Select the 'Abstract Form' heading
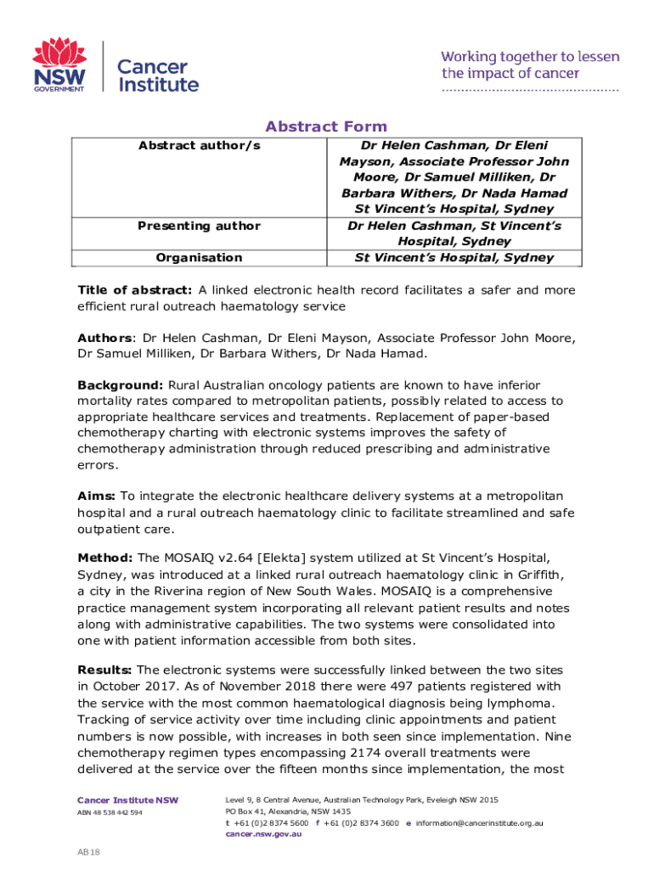coord(326,126)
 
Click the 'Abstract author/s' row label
coord(199,146)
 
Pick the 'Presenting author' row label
coord(199,226)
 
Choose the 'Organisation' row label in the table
coord(199,257)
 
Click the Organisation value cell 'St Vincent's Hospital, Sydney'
coord(454,257)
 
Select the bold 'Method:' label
coord(105,558)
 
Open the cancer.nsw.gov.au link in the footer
coord(263,833)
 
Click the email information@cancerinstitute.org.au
coord(480,822)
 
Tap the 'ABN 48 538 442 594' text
coord(110,812)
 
